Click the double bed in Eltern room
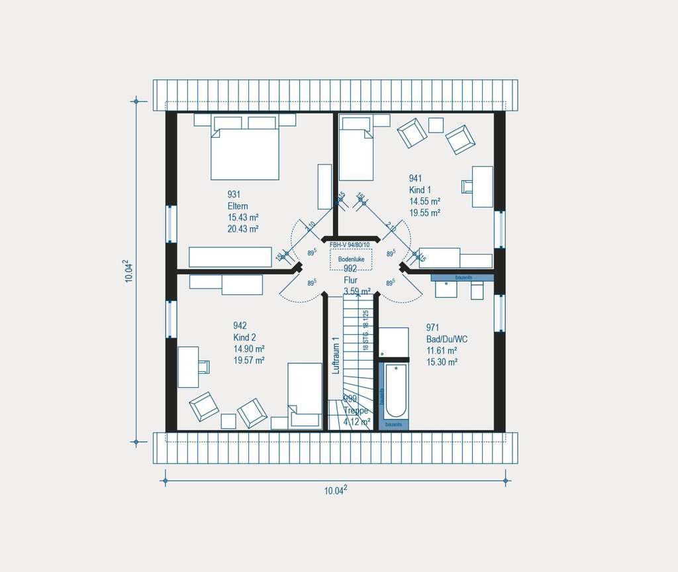coord(244,153)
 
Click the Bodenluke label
coord(352,259)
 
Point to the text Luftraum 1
coord(336,356)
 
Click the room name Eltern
coord(238,206)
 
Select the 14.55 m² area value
coord(424,201)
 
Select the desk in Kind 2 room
coord(188,367)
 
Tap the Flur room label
coord(350,280)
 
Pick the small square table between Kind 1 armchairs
coord(436,125)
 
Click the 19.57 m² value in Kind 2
coord(249,361)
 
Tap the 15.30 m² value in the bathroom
coord(442,362)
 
